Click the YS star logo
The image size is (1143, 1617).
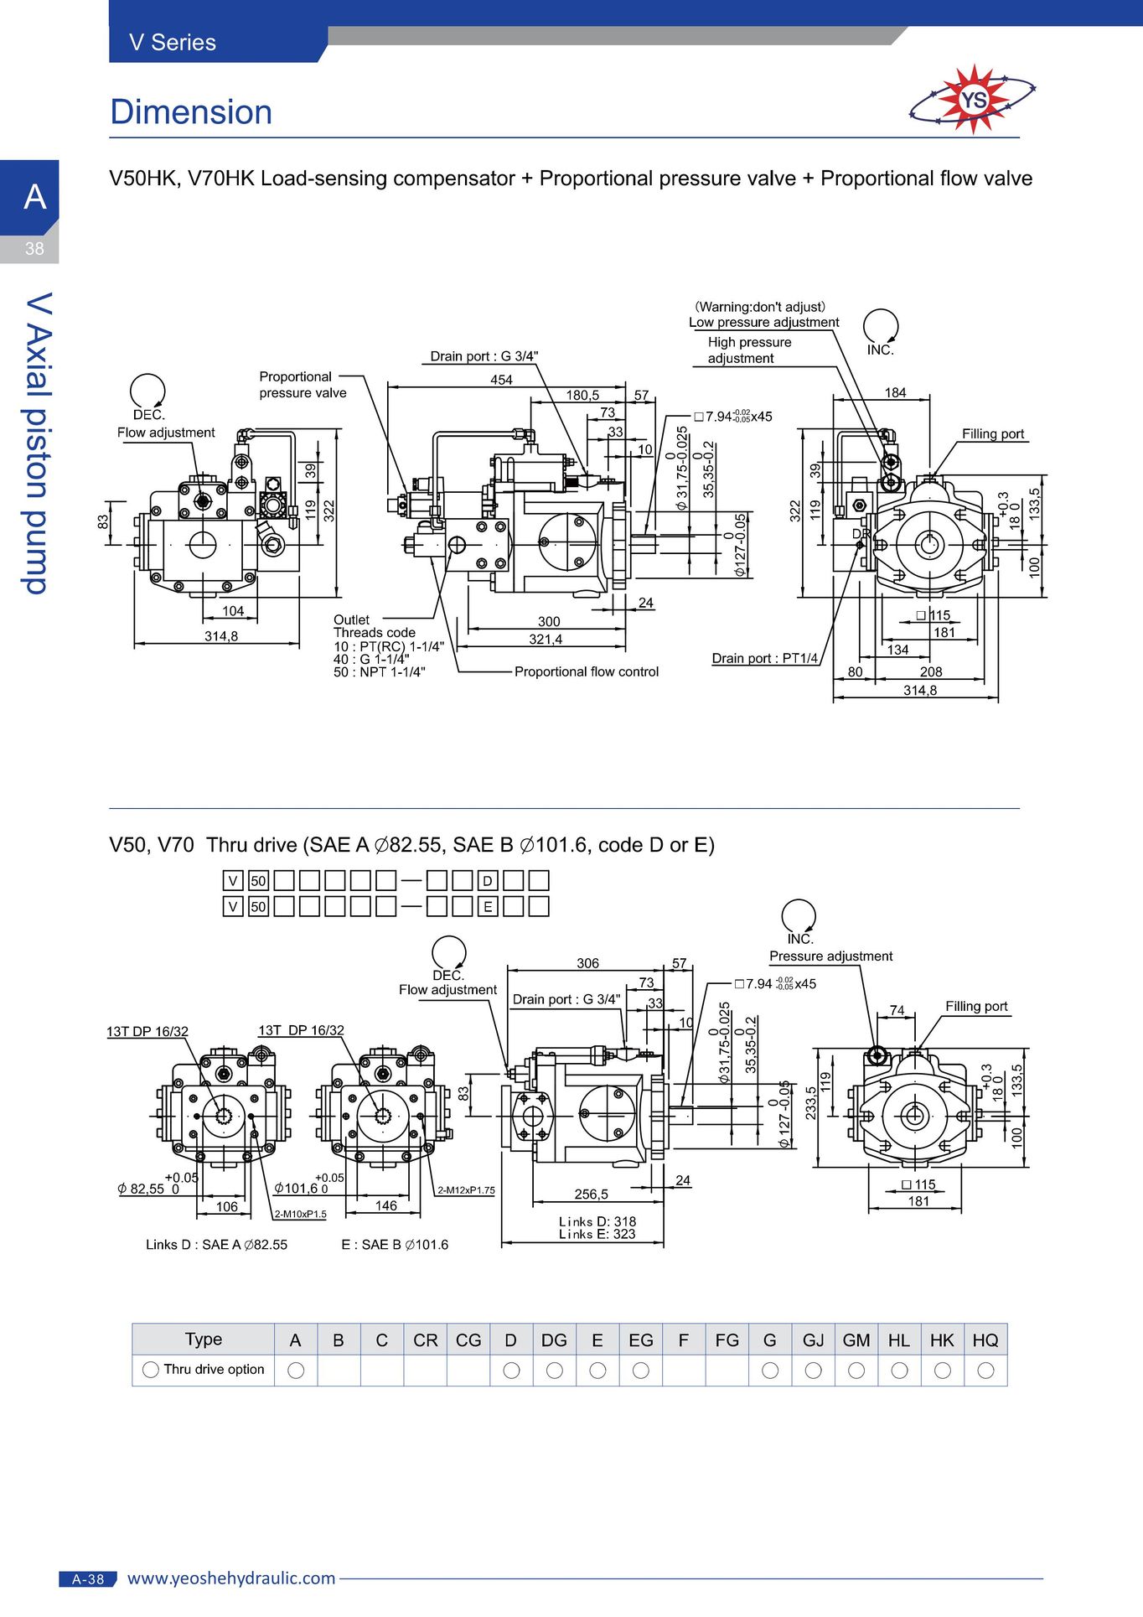(972, 100)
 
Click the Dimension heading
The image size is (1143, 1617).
(191, 112)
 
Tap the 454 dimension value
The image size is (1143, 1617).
(501, 380)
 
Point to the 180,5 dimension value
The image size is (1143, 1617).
(582, 395)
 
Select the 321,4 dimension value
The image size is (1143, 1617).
(546, 640)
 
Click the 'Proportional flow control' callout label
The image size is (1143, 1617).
(587, 671)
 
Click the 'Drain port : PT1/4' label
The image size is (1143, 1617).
(765, 658)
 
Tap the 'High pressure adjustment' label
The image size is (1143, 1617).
(749, 350)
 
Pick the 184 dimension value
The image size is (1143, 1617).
(895, 392)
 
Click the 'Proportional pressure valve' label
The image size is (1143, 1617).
(303, 385)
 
